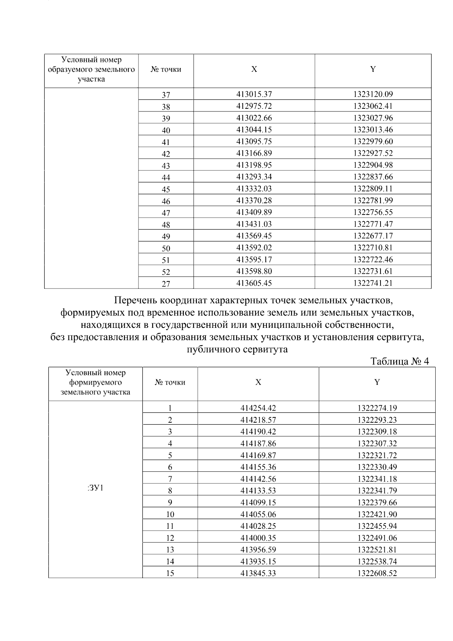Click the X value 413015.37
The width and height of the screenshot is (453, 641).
pos(254,94)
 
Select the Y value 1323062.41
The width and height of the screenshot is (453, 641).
pos(373,106)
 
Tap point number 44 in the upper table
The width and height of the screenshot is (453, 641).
pos(166,178)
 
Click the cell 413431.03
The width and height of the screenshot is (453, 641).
pos(254,224)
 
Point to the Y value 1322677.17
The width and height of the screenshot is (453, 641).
pos(373,236)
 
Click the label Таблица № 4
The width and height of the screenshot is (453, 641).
pos(400,361)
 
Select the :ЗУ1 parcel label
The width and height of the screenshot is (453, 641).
pos(95,488)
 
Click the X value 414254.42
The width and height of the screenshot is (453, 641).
pos(258,408)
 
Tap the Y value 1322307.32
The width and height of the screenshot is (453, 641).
pos(377,443)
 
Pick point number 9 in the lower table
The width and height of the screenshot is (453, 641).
pos(170,503)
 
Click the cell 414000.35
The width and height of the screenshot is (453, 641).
pos(258,538)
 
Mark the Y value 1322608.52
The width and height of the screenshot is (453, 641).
pos(377,573)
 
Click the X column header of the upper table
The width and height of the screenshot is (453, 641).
pos(254,70)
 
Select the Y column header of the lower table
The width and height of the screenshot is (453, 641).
pos(377,382)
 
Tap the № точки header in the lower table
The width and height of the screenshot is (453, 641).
pos(170,383)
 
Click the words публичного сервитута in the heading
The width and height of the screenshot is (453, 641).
pos(237,349)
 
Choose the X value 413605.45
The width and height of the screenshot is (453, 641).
pos(254,283)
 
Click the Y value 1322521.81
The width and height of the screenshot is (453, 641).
pos(377,550)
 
